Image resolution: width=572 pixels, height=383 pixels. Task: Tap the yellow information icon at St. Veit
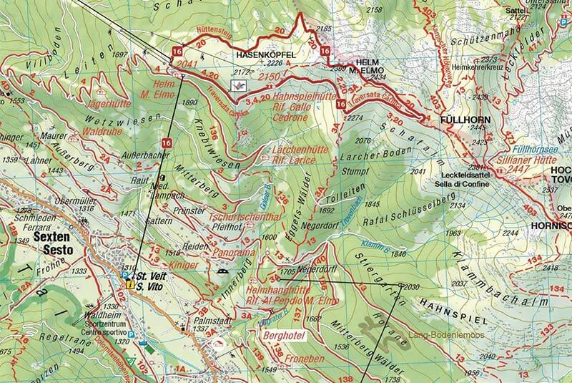click(x=130, y=284)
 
